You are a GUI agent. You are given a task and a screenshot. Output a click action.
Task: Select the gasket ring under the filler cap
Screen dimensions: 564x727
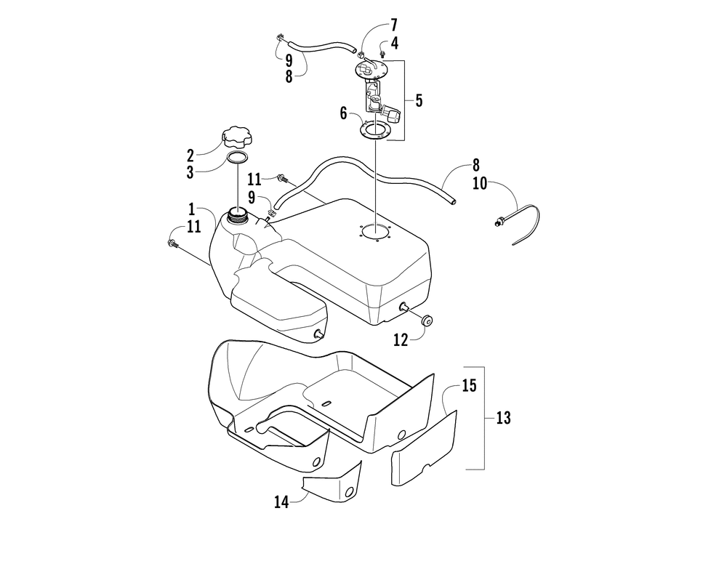point(238,158)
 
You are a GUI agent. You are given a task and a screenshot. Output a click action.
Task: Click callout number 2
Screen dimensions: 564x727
point(190,154)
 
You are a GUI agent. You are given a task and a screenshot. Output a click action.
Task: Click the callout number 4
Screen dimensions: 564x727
point(394,43)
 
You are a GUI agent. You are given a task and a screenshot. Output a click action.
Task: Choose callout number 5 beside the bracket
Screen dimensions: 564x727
point(419,100)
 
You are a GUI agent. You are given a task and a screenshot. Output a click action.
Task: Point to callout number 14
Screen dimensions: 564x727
point(283,501)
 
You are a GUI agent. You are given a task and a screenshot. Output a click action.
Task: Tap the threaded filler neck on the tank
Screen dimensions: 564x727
point(238,214)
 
